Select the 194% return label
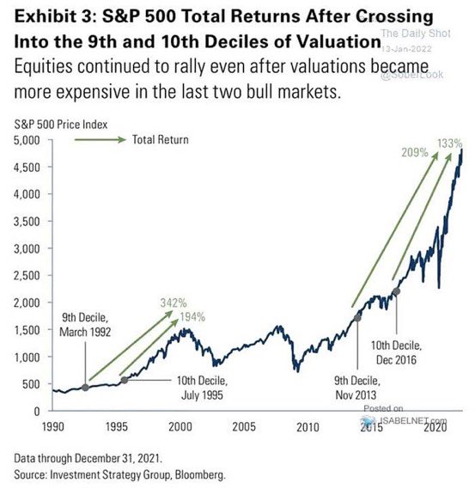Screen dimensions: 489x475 (194, 318)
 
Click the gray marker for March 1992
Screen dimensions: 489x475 (85, 388)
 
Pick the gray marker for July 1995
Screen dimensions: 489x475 (124, 380)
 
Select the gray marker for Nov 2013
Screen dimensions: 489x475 (358, 317)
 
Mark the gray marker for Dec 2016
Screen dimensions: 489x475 (396, 292)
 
